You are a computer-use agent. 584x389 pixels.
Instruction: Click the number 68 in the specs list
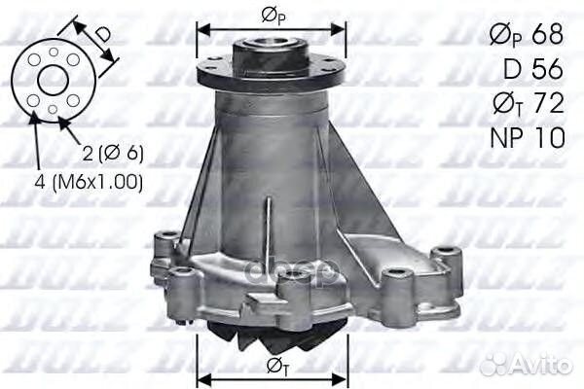coord(547,36)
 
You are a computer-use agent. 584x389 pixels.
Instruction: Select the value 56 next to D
coord(548,69)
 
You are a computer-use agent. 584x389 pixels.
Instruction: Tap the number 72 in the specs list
coord(548,103)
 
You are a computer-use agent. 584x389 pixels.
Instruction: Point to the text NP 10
coord(528,137)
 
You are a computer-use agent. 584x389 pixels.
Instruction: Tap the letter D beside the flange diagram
coord(102,34)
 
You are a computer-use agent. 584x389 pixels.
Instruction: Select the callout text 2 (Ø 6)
coord(113,154)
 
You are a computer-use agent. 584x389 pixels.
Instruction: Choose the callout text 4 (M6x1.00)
coord(89,183)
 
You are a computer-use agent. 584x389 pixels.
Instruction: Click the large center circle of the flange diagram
coord(54,81)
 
